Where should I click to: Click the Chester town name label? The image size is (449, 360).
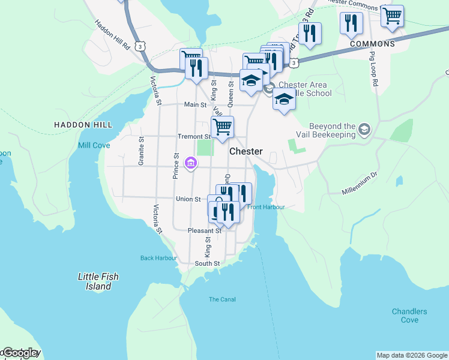tap(246, 152)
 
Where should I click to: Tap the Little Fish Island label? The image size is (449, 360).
tap(98, 281)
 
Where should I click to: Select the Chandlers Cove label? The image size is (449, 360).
tap(409, 316)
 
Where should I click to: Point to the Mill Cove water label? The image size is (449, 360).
tap(94, 145)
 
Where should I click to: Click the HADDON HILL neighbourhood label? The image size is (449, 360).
tap(83, 125)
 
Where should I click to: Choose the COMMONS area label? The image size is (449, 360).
tap(372, 44)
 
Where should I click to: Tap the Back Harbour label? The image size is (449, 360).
tap(158, 258)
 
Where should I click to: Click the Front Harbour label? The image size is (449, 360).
tap(265, 207)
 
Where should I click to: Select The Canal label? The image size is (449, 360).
tap(222, 299)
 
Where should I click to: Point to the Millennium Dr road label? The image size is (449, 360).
tap(359, 183)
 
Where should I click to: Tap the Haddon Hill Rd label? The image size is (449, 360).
tap(112, 34)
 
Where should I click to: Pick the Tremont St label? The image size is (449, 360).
tap(193, 136)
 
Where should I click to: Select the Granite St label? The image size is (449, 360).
tap(142, 151)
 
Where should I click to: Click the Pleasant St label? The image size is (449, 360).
tap(204, 230)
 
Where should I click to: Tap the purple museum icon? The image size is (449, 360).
tap(191, 163)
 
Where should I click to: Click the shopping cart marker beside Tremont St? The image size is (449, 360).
tap(222, 127)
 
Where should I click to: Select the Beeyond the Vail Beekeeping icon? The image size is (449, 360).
tap(364, 129)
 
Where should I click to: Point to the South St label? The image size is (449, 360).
tap(207, 263)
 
